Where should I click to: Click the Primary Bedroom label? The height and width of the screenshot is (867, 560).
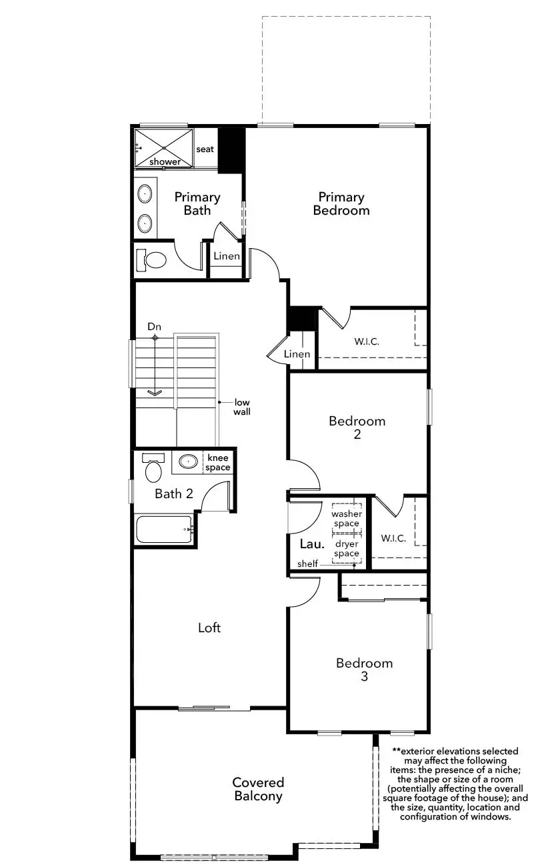click(341, 203)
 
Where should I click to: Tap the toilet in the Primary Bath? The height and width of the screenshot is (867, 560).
click(151, 259)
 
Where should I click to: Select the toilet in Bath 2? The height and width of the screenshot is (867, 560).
click(153, 468)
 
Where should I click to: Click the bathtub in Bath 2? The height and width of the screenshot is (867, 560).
click(165, 530)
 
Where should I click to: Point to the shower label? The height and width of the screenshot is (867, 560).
click(165, 161)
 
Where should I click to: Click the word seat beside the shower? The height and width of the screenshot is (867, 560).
click(205, 149)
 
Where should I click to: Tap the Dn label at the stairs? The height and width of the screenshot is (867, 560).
click(154, 326)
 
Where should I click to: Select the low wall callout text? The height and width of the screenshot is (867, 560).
click(242, 407)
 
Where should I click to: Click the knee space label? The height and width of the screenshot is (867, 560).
click(218, 463)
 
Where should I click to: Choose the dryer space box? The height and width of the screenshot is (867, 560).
click(347, 549)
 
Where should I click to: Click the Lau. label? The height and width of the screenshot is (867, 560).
click(312, 544)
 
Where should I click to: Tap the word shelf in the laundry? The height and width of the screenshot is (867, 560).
click(308, 564)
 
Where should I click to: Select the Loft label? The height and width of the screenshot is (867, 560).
click(209, 628)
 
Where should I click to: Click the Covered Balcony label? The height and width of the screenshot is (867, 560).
click(258, 789)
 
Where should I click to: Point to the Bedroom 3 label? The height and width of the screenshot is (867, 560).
click(364, 669)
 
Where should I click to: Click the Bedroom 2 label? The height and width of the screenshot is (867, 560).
click(357, 427)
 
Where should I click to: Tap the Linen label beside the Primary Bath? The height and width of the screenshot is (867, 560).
click(227, 256)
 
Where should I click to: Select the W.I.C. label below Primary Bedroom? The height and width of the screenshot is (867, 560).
click(367, 341)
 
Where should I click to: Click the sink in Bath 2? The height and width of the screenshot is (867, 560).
click(188, 462)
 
